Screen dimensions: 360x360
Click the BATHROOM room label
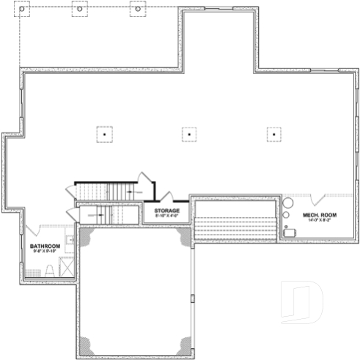click(x=44, y=246)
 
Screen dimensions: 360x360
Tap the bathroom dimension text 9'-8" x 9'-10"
click(x=44, y=251)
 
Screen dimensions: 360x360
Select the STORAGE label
click(x=166, y=210)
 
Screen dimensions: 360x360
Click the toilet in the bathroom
click(x=50, y=270)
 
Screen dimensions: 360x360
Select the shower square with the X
click(x=67, y=268)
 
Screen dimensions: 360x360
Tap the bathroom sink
click(x=70, y=240)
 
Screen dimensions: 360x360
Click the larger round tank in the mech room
click(x=288, y=202)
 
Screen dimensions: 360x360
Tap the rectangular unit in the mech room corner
click(x=290, y=232)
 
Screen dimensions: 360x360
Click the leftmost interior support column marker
click(x=105, y=134)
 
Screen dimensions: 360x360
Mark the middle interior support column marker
click(x=189, y=134)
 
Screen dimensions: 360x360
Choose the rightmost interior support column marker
click(x=273, y=134)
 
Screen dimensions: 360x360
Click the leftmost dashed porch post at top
click(x=22, y=11)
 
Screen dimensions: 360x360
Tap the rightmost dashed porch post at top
click(x=136, y=11)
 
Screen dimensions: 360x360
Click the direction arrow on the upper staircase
click(x=131, y=190)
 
